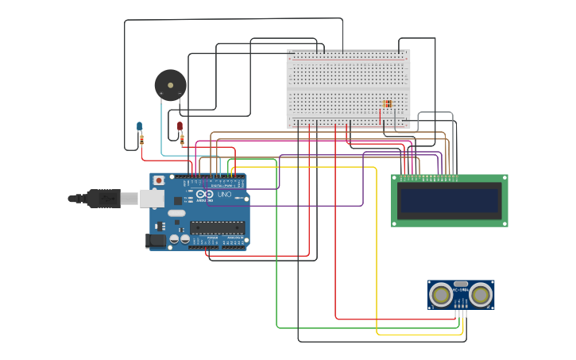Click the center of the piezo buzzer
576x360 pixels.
170,85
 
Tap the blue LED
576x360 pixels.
139,126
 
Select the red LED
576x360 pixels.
180,126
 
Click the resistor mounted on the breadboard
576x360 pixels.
387,103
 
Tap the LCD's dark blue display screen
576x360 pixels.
450,200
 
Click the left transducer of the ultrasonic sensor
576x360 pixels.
440,296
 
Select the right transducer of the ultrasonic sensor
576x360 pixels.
480,296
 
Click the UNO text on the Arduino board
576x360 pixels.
224,195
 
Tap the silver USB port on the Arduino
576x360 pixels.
151,198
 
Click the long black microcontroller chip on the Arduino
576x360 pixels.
217,226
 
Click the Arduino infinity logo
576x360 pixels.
204,195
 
